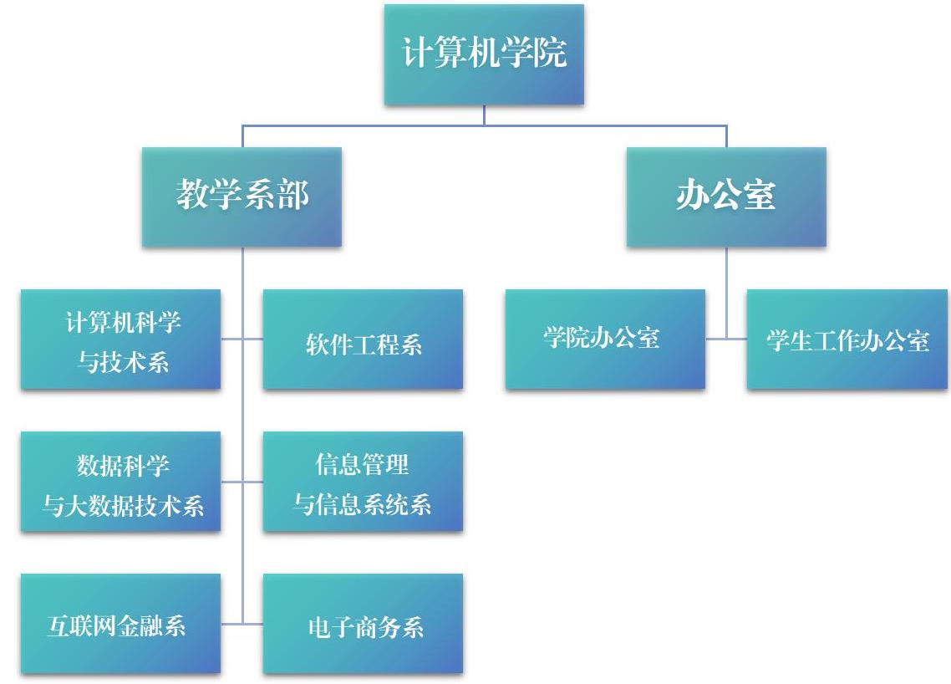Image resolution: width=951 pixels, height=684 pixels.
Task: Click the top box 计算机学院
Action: pyautogui.click(x=484, y=54)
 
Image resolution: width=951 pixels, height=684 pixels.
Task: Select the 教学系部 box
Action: pyautogui.click(x=242, y=197)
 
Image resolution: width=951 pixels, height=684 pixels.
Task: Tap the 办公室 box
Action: pyautogui.click(x=726, y=197)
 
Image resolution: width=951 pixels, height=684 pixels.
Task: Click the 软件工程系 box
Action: pyautogui.click(x=363, y=339)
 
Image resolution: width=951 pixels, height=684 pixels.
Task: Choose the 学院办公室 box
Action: pyautogui.click(x=605, y=339)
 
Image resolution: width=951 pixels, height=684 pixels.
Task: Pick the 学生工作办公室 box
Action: pyautogui.click(x=847, y=339)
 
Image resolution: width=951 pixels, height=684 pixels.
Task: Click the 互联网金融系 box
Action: pyautogui.click(x=120, y=623)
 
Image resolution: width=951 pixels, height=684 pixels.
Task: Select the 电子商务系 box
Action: pyautogui.click(x=363, y=623)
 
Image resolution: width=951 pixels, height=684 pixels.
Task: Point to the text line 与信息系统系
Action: pyautogui.click(x=363, y=504)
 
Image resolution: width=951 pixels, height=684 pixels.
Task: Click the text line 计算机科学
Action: pyautogui.click(x=123, y=322)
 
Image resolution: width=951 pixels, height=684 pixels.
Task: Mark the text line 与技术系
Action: pyautogui.click(x=123, y=362)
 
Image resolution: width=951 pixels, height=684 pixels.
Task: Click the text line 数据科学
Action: pyautogui.click(x=123, y=466)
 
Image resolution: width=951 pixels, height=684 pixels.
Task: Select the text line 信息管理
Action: pyautogui.click(x=362, y=464)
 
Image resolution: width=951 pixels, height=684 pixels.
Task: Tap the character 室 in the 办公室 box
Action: pyautogui.click(x=760, y=195)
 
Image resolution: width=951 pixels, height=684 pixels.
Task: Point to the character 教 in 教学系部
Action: pyautogui.click(x=193, y=194)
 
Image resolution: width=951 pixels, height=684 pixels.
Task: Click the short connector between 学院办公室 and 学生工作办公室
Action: pyautogui.click(x=726, y=339)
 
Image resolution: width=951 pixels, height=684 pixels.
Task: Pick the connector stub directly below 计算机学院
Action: pyautogui.click(x=484, y=115)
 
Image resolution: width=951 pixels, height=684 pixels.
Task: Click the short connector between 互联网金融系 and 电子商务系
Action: pyautogui.click(x=242, y=623)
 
